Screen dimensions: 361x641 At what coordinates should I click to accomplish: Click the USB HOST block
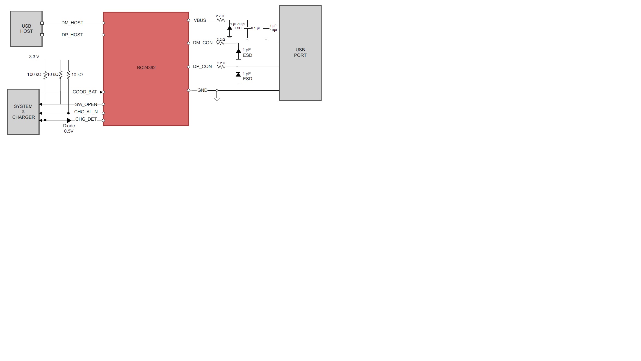[x=26, y=29]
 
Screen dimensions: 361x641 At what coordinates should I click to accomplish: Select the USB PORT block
[x=300, y=52]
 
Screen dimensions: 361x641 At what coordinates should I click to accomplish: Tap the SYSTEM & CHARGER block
[x=23, y=112]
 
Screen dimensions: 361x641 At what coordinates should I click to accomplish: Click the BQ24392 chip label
[x=146, y=67]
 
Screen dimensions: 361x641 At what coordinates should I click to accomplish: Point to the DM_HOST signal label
[x=72, y=23]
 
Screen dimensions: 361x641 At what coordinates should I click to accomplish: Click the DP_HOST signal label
[x=72, y=35]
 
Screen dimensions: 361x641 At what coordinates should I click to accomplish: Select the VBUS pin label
[x=200, y=20]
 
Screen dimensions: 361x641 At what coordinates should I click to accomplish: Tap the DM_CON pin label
[x=203, y=43]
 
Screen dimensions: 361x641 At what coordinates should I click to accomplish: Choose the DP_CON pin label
[x=202, y=67]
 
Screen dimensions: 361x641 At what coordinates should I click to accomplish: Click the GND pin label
[x=202, y=90]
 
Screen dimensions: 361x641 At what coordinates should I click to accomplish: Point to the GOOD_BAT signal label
[x=85, y=92]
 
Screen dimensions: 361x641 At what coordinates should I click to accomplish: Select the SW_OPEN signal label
[x=86, y=104]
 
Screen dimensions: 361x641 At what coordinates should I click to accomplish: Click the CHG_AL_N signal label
[x=86, y=112]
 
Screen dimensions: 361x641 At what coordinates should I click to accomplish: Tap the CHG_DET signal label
[x=86, y=119]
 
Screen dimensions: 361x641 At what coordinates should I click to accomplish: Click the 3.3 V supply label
[x=34, y=57]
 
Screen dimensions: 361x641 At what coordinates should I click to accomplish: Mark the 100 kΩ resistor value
[x=34, y=74]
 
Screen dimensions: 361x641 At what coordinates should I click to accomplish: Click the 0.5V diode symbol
[x=69, y=120]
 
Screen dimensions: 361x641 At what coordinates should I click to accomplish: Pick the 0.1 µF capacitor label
[x=256, y=28]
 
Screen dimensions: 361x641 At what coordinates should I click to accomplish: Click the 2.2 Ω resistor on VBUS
[x=221, y=20]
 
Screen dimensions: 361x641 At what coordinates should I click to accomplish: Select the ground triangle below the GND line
[x=217, y=99]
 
